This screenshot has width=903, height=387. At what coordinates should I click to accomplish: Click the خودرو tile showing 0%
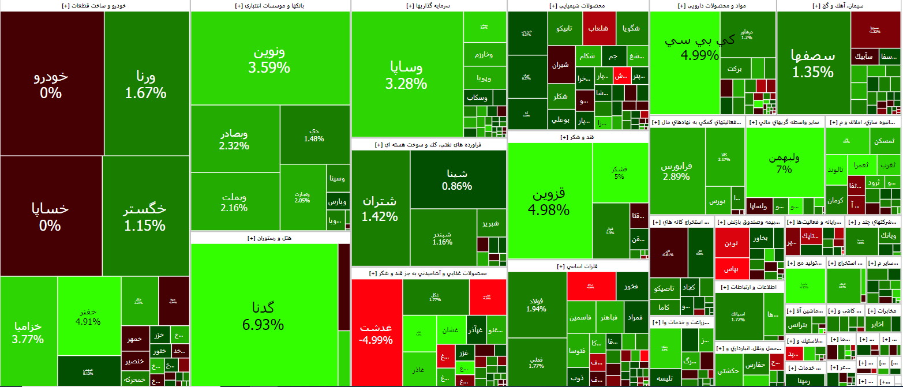(x=51, y=84)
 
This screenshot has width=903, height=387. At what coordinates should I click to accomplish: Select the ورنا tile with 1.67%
(x=145, y=84)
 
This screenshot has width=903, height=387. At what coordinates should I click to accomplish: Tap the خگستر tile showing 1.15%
(x=145, y=216)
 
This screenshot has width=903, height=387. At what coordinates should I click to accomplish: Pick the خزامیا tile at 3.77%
(x=28, y=332)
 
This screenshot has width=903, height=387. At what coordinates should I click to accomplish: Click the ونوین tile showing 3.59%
(x=269, y=59)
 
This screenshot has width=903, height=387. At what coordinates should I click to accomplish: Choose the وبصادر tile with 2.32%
(x=234, y=140)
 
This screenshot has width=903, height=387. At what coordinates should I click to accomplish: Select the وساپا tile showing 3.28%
(x=406, y=75)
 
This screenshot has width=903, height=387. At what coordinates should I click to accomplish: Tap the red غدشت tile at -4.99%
(x=376, y=333)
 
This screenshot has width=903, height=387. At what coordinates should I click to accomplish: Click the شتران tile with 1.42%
(x=380, y=208)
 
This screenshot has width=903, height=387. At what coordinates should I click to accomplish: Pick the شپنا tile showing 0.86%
(x=457, y=179)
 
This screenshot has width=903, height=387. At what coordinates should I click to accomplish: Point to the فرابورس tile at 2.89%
(x=676, y=171)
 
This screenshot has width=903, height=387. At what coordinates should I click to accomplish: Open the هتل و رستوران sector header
(x=270, y=238)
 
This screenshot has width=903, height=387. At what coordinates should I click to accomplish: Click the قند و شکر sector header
(x=578, y=137)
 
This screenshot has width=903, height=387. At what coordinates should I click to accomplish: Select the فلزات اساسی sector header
(x=578, y=266)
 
